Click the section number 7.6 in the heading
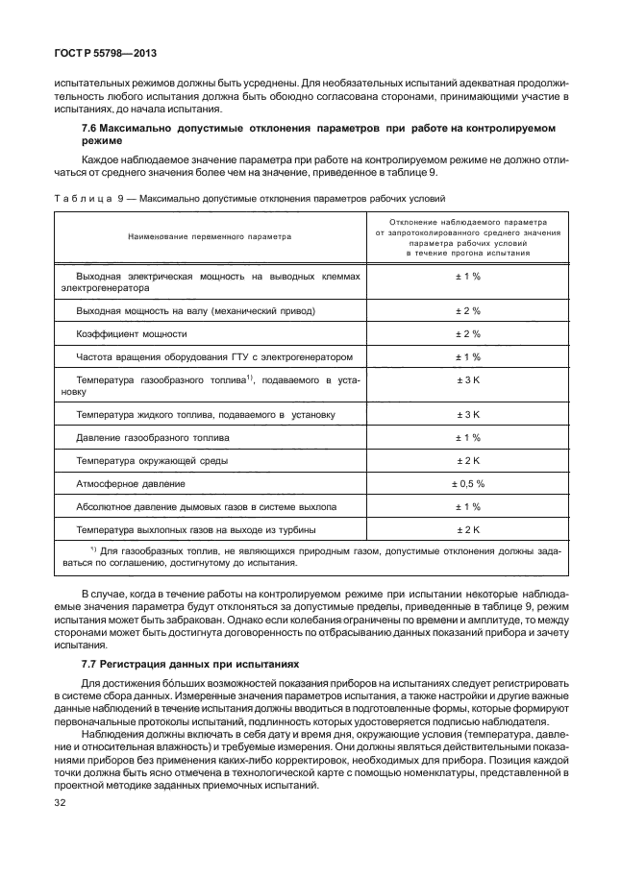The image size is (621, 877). coord(91,127)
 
